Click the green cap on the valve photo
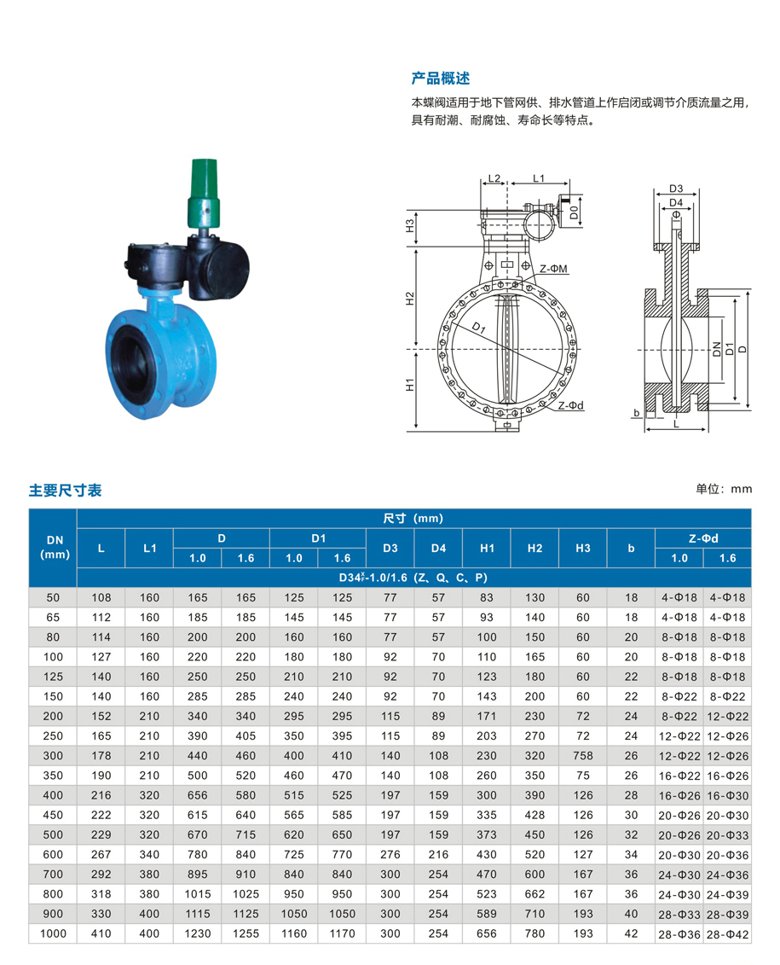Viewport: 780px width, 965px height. (x=204, y=193)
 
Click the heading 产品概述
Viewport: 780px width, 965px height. (x=440, y=78)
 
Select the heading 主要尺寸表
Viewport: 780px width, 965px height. (x=65, y=491)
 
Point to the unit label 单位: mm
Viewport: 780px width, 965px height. (x=724, y=489)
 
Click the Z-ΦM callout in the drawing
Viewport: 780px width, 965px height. (x=553, y=269)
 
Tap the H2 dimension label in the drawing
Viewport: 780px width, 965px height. (x=410, y=299)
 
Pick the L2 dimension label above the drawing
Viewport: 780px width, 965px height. (x=494, y=178)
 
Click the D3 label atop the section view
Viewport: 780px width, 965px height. (x=676, y=189)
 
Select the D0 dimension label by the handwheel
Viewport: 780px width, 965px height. (x=574, y=212)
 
